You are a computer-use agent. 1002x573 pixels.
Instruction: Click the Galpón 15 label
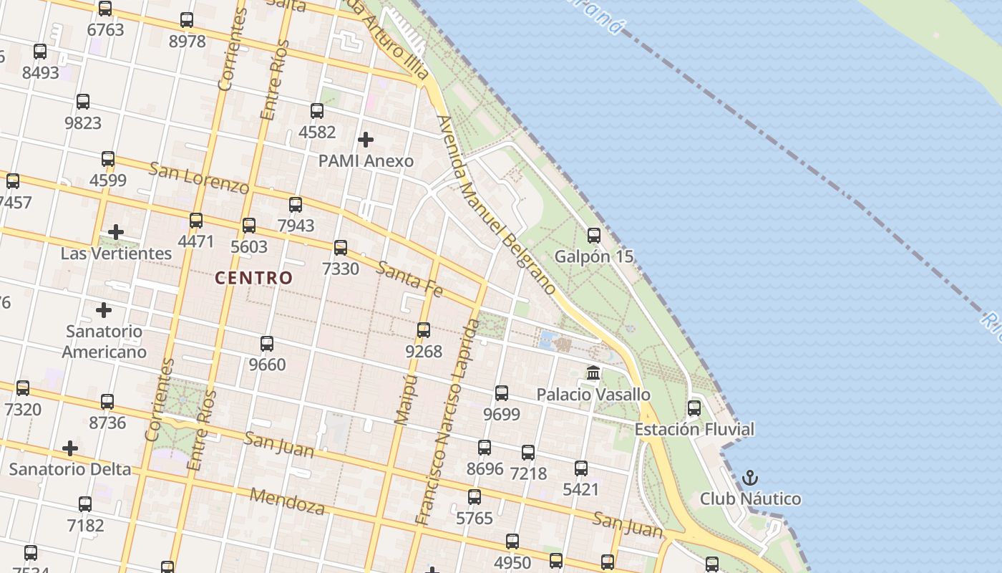[x=594, y=256]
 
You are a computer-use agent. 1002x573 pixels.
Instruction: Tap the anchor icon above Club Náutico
[x=750, y=477]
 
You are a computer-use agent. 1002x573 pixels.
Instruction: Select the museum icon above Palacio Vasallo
[x=593, y=373]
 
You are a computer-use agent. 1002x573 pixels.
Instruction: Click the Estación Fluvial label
[x=694, y=430]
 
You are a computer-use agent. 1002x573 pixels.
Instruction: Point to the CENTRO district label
[x=254, y=278]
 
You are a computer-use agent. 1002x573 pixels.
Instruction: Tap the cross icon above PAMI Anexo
[x=366, y=139]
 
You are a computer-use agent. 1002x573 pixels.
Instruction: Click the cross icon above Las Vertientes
[x=116, y=232]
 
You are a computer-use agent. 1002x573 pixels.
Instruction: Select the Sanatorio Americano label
[x=104, y=342]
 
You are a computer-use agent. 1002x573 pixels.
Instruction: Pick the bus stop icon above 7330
[x=341, y=248]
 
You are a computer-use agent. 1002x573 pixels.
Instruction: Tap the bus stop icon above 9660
[x=267, y=344]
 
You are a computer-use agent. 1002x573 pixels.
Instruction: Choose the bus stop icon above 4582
[x=317, y=111]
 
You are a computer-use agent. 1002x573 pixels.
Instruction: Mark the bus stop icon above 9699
[x=502, y=393]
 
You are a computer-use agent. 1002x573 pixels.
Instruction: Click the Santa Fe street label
[x=409, y=279]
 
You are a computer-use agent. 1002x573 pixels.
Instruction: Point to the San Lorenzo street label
[x=198, y=178]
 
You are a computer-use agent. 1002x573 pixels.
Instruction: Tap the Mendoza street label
[x=287, y=501]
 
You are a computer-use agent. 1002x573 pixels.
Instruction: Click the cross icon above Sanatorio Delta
[x=70, y=448]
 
